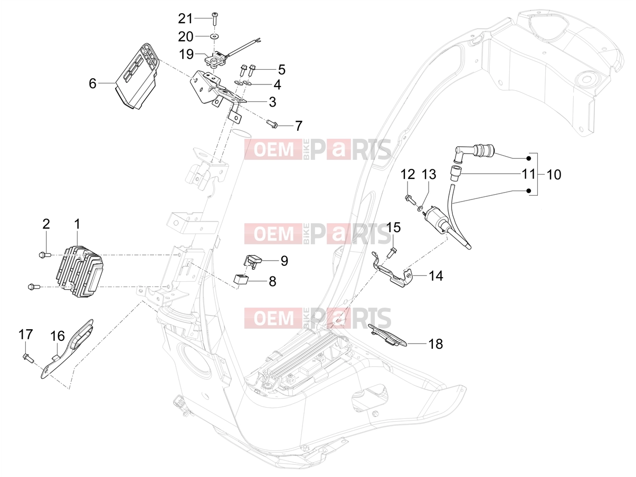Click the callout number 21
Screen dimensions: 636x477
pos(185,19)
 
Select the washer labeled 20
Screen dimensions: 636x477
pos(215,36)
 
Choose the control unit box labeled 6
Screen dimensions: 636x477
pos(137,77)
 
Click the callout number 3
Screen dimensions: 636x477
pos(272,102)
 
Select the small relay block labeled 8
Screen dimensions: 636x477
pos(241,280)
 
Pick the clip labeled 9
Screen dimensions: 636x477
pos(252,261)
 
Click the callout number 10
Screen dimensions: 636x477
pos(554,175)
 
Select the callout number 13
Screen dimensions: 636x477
pos(429,174)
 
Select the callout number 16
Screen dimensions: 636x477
pos(58,336)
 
